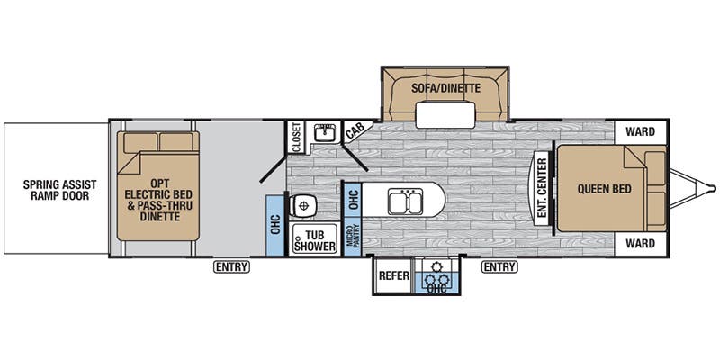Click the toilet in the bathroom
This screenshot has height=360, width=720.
pos(302,205)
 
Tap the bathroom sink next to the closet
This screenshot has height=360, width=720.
pos(325,132)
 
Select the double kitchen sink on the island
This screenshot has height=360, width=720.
pos(406,202)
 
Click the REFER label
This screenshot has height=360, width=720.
pos(393,275)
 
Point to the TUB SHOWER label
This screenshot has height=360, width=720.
pos(315,241)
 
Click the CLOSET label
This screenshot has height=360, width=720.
pos(296,137)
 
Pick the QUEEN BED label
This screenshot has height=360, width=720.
pos(604,189)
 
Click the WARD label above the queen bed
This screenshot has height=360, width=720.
pos(640,132)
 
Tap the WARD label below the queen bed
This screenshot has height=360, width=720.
pos(640,243)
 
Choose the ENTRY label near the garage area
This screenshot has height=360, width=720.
pos(231,266)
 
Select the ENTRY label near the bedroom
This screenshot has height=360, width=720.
pos(499,266)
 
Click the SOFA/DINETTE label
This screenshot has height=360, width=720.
pos(445,88)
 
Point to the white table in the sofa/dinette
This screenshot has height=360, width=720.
pos(445,115)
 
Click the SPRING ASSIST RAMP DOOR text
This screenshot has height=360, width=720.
pos(60,190)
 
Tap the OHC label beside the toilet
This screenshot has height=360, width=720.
pos(275,225)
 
